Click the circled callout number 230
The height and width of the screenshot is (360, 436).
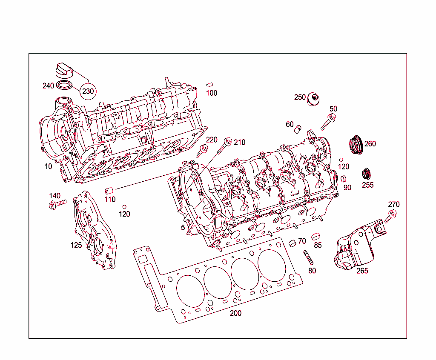(88, 91)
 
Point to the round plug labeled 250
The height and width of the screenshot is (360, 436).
(314, 99)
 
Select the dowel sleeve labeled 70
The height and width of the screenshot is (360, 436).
(293, 244)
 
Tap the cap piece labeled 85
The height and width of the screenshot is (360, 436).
(316, 236)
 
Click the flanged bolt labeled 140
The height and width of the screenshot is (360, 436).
(57, 205)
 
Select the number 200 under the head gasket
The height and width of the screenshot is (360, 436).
(235, 313)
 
